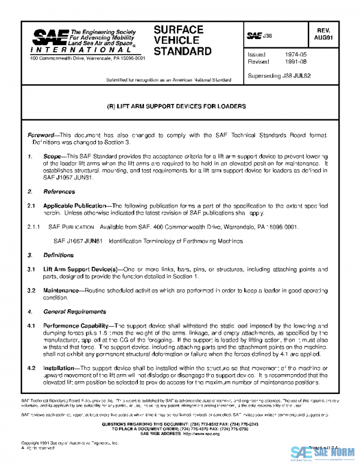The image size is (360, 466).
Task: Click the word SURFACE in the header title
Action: pos(179,29)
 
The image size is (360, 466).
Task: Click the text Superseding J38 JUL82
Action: pos(278,76)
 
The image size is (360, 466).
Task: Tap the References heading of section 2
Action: pos(59,192)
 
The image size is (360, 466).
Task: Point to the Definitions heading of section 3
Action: pos(59,255)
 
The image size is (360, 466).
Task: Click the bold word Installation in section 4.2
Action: pos(60,368)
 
